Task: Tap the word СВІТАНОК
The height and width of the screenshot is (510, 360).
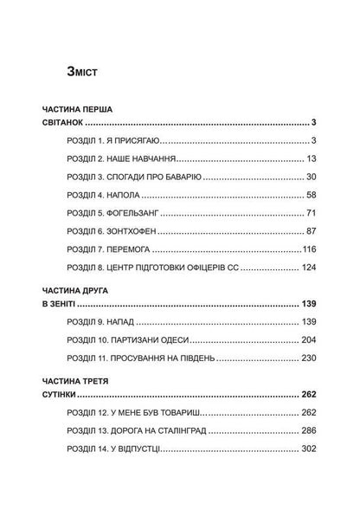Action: pyautogui.click(x=66, y=126)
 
